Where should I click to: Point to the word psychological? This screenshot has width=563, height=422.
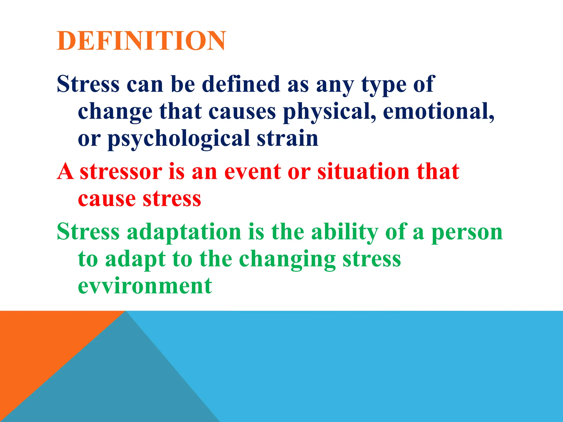tap(179, 139)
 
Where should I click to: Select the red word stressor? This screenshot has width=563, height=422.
tap(121, 171)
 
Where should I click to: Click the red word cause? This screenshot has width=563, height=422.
tap(107, 199)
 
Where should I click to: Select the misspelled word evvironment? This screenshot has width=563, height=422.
tap(145, 286)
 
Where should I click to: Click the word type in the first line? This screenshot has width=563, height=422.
tap(383, 85)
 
